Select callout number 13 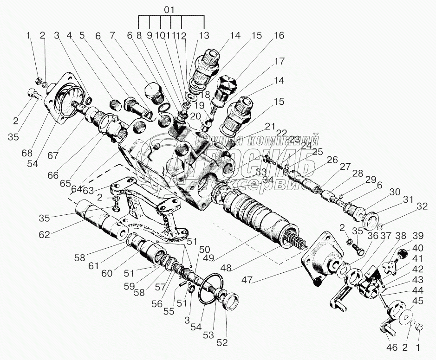(x=203, y=35)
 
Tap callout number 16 (x=278, y=35)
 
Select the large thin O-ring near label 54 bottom (x=211, y=290)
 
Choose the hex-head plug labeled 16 (x=228, y=86)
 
